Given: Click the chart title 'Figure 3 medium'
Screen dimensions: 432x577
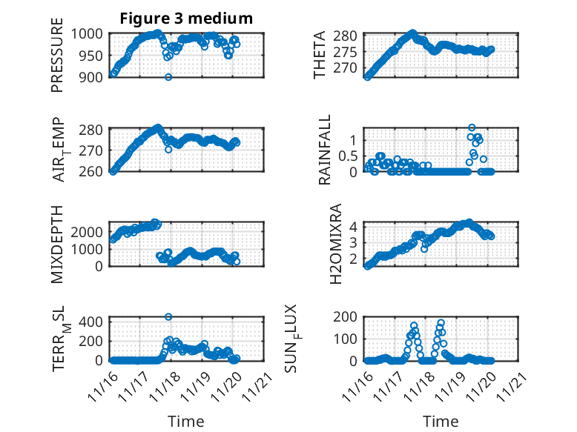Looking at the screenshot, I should point(186,19).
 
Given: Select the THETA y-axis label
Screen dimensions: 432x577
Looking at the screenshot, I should point(320,55).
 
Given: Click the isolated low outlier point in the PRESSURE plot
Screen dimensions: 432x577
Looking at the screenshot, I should point(168,77).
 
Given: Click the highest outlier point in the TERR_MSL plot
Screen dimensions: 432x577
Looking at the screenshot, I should point(168,316).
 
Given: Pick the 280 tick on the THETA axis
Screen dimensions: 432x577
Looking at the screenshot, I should point(350,36).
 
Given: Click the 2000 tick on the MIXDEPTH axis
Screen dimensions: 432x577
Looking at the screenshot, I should point(91,232).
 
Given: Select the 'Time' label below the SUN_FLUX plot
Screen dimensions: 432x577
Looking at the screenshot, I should point(441,421).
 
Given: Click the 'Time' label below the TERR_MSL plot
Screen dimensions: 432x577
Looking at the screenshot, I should point(185,421).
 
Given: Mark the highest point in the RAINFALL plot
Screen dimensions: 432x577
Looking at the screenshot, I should point(472,128).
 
